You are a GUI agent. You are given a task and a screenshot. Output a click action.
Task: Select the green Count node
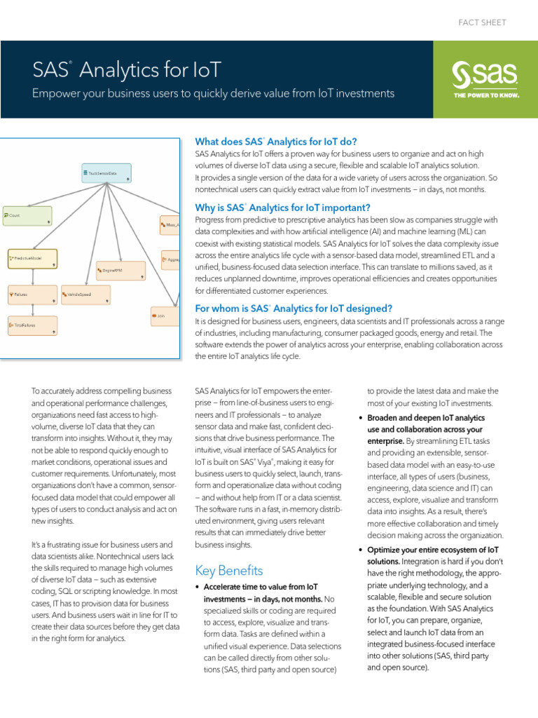click(27, 216)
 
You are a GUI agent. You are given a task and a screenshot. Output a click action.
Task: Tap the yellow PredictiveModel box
click(32, 259)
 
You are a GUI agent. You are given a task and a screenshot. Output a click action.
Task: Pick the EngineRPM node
click(120, 271)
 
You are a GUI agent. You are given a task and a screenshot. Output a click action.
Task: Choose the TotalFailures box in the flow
click(32, 325)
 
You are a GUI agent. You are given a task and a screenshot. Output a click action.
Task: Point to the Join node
click(165, 317)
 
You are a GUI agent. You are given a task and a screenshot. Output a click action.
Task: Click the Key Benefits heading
click(229, 570)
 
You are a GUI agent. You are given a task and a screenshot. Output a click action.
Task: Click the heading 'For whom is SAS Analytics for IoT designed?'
click(294, 309)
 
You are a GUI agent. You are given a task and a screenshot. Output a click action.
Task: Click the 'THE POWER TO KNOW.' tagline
click(486, 95)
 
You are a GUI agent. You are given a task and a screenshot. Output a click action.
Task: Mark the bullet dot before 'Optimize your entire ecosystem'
click(361, 550)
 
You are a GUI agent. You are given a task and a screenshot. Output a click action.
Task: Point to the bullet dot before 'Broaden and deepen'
click(361, 419)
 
